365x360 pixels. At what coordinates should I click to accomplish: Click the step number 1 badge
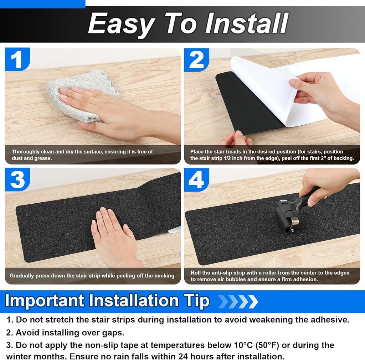pyautogui.click(x=17, y=59)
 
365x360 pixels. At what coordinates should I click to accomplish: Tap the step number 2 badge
pyautogui.click(x=196, y=59)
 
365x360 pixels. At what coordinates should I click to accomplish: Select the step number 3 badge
pyautogui.click(x=17, y=180)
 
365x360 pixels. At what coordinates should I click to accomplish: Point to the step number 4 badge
pyautogui.click(x=196, y=180)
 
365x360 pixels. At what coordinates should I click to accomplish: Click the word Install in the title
pyautogui.click(x=246, y=24)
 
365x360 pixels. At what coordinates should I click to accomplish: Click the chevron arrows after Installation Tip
pyautogui.click(x=238, y=301)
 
